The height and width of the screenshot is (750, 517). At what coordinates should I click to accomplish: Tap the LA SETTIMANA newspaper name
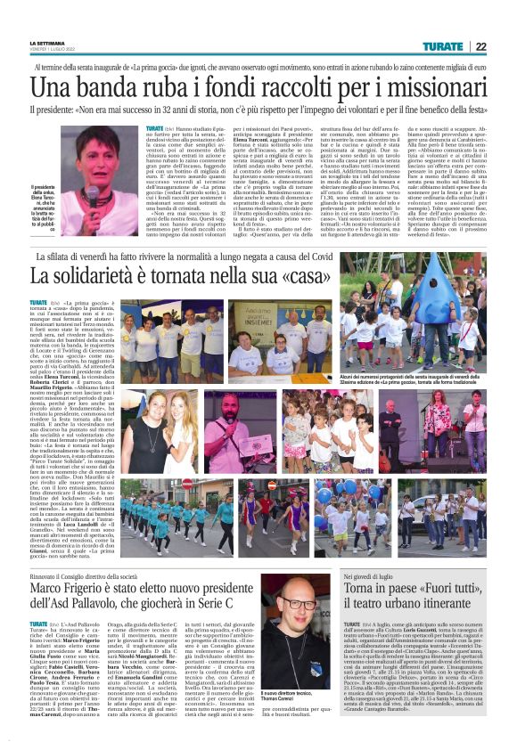pyautogui.click(x=47, y=44)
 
